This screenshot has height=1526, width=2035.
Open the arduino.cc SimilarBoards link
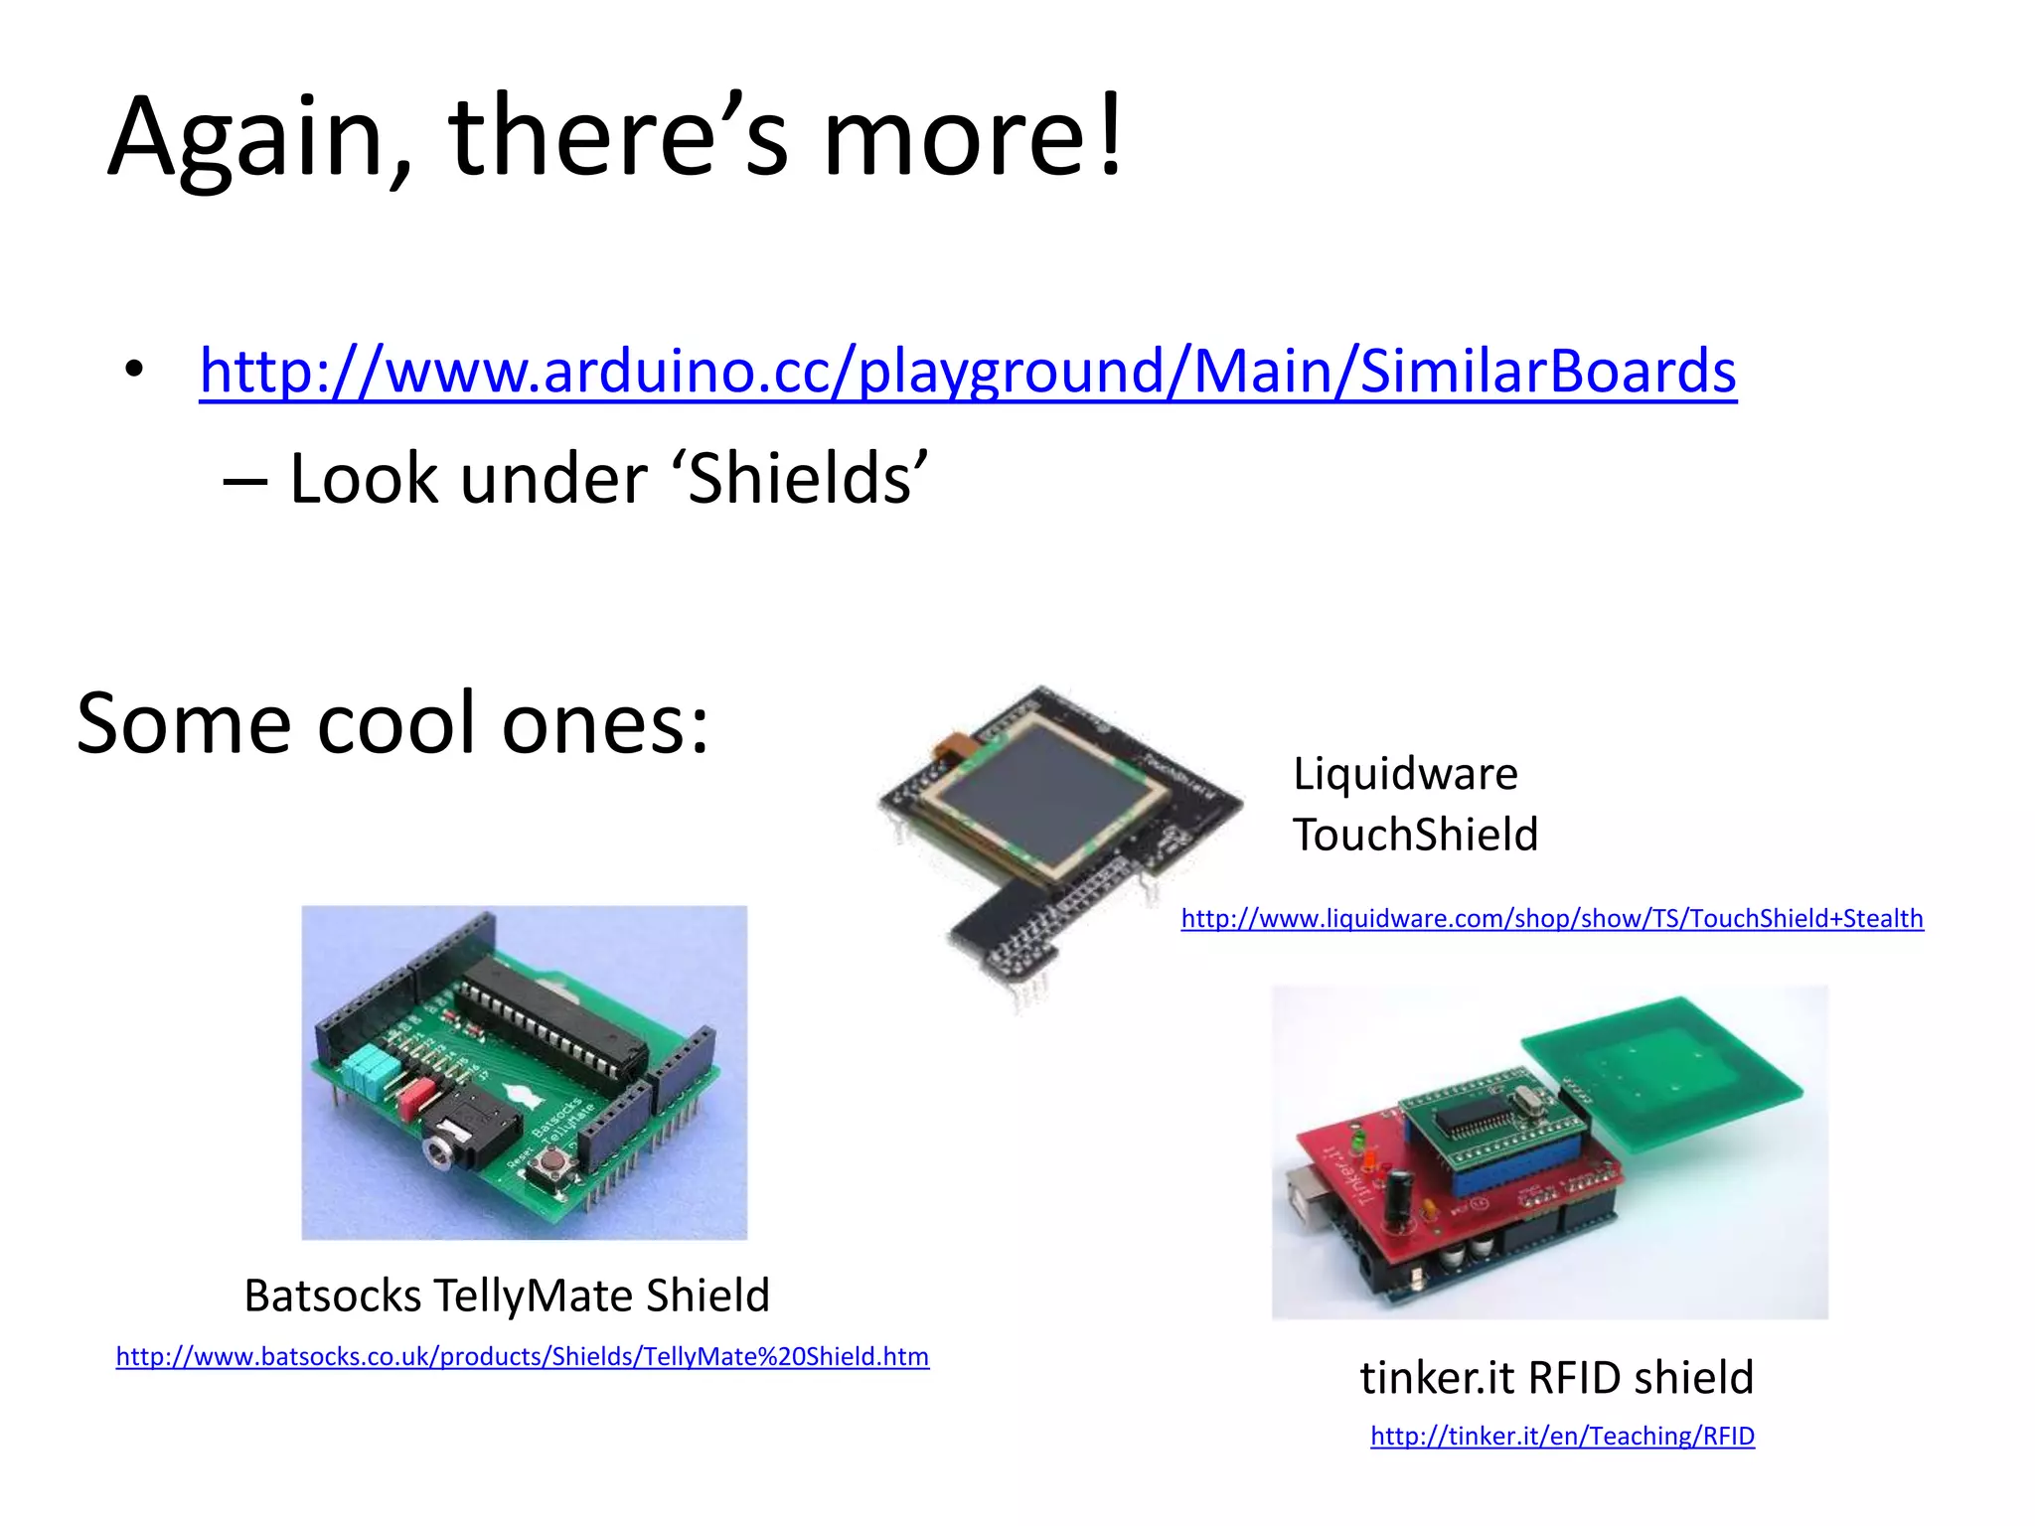967,371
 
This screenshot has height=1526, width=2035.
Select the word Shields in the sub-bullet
800,479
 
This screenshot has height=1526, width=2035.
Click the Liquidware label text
1405,773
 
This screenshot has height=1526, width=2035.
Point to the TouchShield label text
1415,834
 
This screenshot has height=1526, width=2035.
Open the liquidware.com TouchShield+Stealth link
1551,918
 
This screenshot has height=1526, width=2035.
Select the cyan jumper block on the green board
367,1070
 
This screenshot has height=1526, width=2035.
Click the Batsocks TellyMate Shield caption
507,1296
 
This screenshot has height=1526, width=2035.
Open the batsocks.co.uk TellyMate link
522,1356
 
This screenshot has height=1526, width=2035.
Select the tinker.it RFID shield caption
1556,1378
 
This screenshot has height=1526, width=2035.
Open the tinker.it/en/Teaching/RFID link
1562,1436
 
